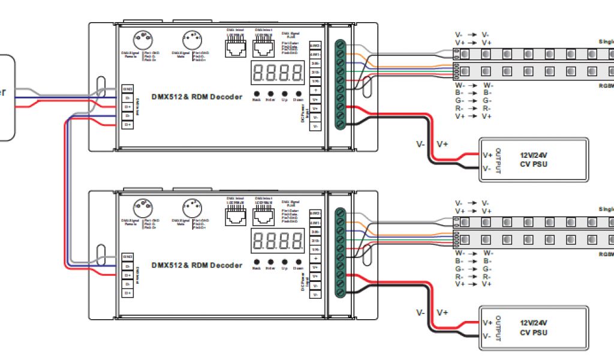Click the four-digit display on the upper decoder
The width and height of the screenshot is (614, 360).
point(278,73)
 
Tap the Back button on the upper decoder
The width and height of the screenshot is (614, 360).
point(257,94)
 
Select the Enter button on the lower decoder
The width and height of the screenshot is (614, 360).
point(270,262)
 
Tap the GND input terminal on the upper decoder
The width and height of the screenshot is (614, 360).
point(128,89)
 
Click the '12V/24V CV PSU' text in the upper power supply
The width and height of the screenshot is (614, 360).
point(534,159)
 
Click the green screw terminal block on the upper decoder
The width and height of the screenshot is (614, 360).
point(340,83)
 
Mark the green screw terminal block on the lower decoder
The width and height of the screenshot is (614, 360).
point(340,251)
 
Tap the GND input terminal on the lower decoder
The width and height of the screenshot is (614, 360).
point(128,257)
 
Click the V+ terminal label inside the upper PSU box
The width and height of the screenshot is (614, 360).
point(487,155)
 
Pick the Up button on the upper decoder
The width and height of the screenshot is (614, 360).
point(284,94)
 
